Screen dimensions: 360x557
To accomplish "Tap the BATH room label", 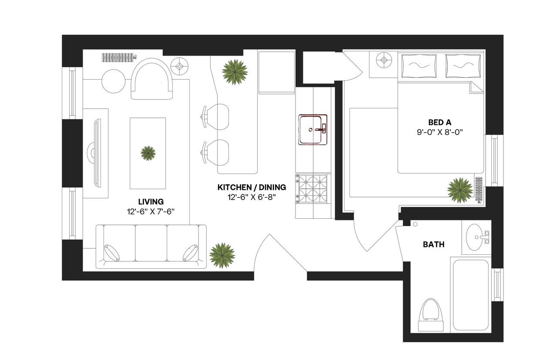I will tap(433, 244).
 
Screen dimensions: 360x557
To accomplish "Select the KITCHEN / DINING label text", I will tap(252, 187).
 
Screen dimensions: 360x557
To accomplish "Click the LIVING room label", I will tap(151, 202).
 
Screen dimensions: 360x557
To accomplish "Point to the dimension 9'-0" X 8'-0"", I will tap(439, 132).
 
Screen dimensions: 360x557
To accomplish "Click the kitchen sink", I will tap(312, 130).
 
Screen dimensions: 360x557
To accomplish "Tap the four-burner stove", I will tap(312, 187).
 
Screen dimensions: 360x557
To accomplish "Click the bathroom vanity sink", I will tap(475, 237).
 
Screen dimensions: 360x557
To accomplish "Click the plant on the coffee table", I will tap(148, 153).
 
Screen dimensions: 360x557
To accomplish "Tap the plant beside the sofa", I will tap(222, 255).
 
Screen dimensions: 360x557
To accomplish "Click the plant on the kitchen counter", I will tap(235, 71).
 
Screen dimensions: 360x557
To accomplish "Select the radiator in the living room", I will tap(119, 57).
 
